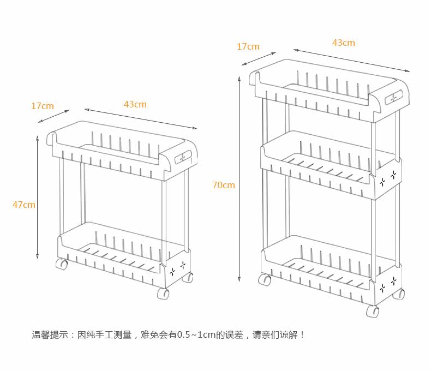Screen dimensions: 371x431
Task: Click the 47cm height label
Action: click(x=24, y=205)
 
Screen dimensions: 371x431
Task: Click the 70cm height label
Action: click(x=224, y=185)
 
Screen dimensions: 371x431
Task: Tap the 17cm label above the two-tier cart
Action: click(x=42, y=106)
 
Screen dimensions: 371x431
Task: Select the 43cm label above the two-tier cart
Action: click(x=135, y=104)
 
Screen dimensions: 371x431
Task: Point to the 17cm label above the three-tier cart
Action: click(x=248, y=46)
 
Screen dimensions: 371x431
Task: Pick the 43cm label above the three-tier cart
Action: click(x=343, y=43)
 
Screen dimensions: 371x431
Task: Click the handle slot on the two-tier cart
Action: click(x=182, y=157)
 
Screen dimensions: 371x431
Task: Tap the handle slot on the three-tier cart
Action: click(x=392, y=99)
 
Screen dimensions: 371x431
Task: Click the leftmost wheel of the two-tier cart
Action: click(x=62, y=264)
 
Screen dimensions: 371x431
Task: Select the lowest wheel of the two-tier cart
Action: click(x=163, y=294)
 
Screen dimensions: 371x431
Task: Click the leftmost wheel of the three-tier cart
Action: click(x=266, y=280)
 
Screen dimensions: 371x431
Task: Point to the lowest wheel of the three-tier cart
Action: click(x=373, y=312)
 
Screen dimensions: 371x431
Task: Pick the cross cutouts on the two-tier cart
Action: click(x=178, y=268)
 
